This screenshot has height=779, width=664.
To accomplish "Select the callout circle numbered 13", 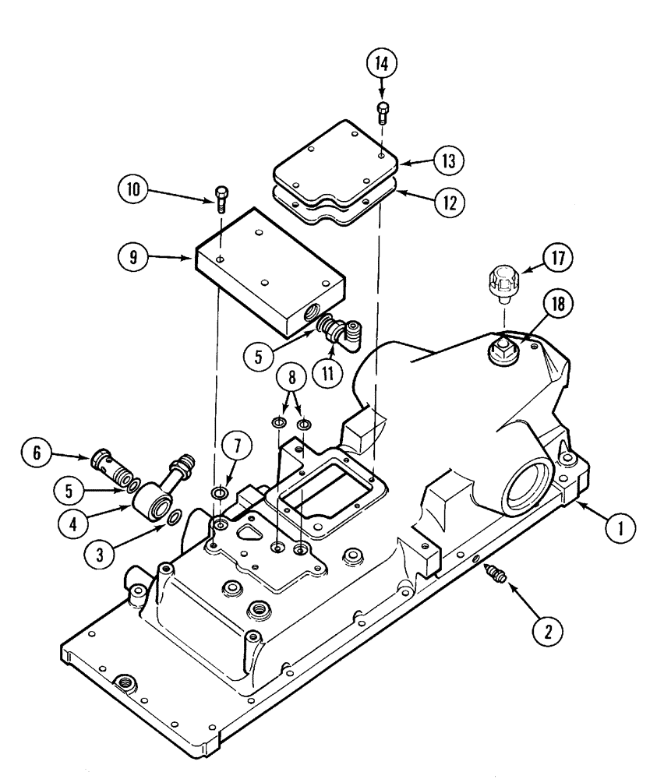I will (x=450, y=161).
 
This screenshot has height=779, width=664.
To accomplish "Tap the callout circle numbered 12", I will (x=450, y=202).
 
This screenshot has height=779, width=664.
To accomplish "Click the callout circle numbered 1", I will (x=620, y=529).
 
